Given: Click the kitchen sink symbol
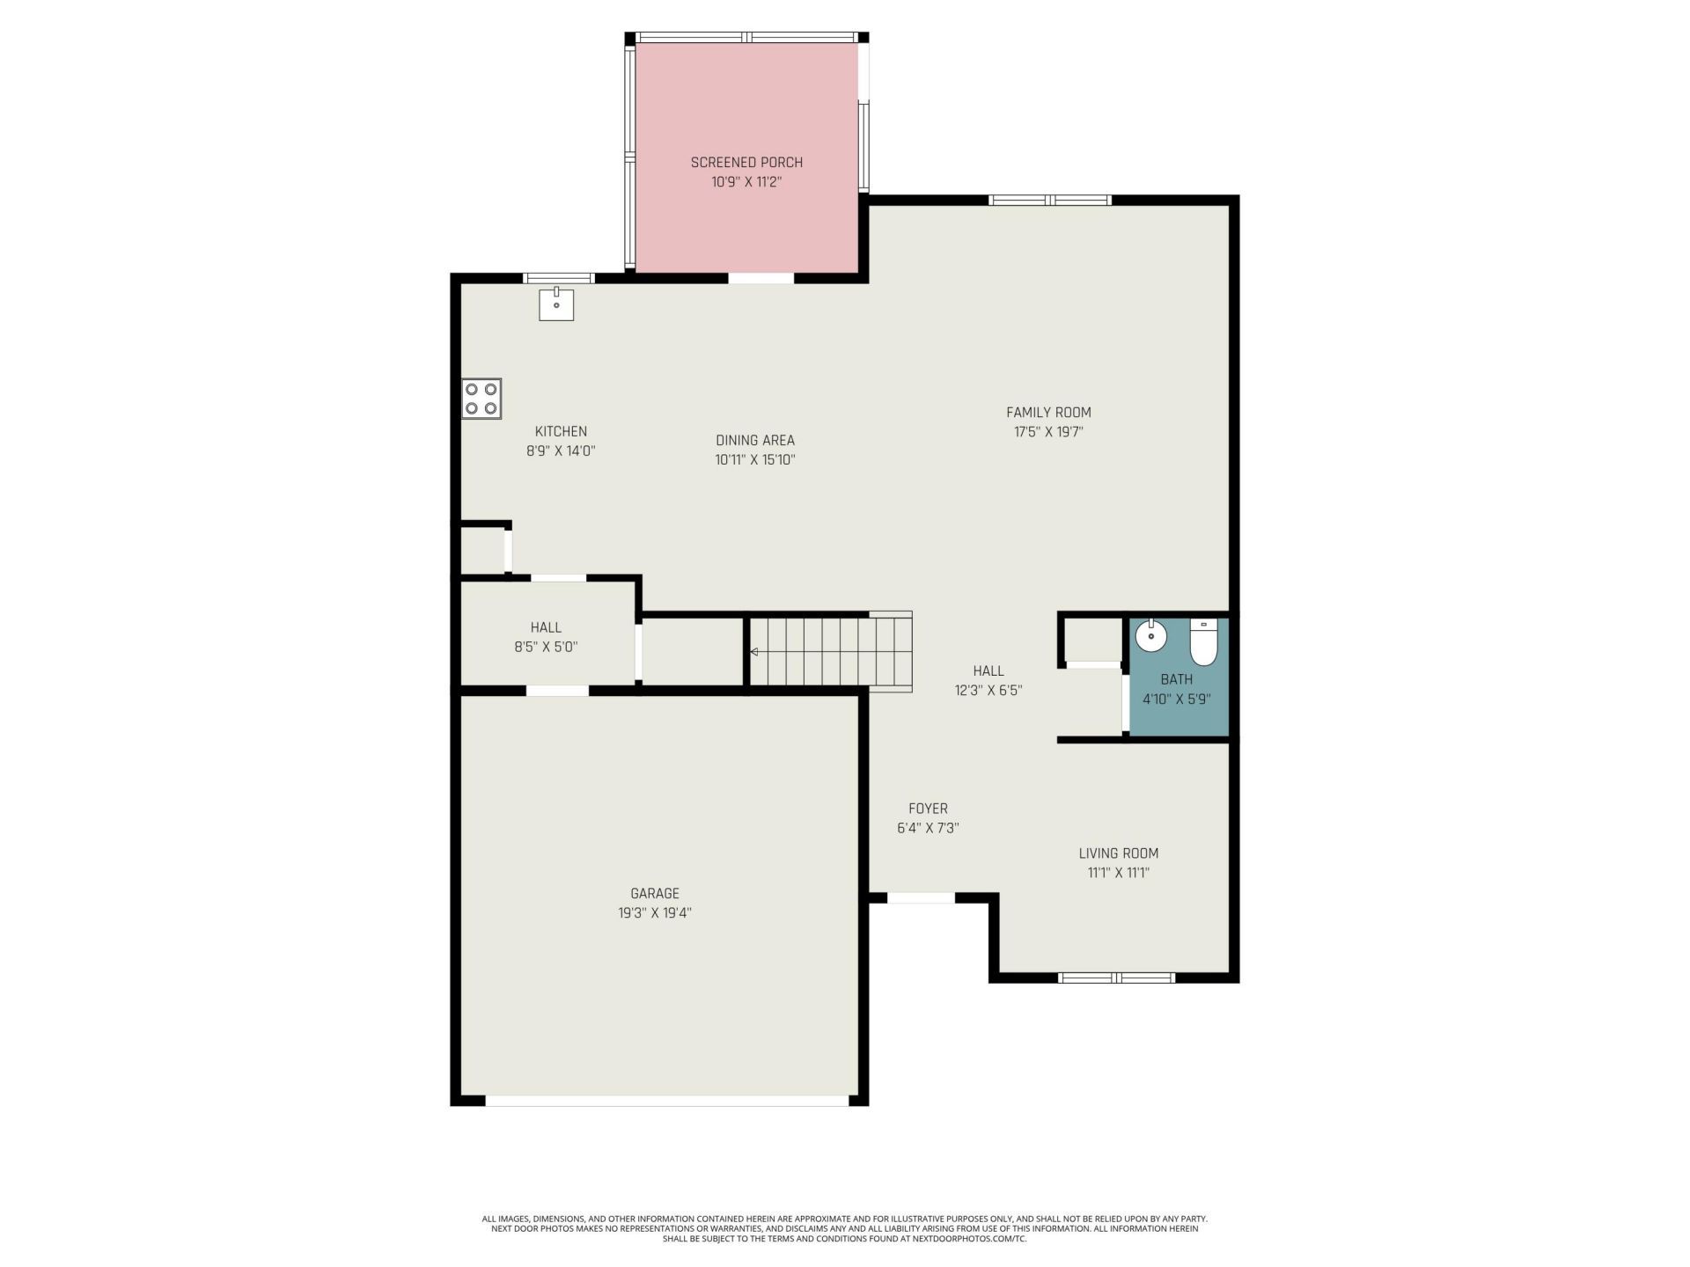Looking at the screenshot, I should [x=556, y=304].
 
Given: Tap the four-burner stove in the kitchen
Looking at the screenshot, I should [x=481, y=399].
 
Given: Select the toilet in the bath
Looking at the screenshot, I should [x=1203, y=642].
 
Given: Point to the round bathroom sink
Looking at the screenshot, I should [x=1150, y=635].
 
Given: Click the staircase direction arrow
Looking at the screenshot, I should [x=754, y=652].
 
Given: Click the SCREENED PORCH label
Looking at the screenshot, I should [x=746, y=163].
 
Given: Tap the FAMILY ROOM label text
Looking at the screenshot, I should [x=1048, y=412].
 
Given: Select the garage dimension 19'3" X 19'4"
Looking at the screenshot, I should [x=655, y=913].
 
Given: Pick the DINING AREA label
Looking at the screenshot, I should [x=755, y=440].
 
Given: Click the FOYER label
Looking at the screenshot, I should [x=928, y=809].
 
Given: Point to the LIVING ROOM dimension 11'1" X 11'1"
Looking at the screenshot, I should [x=1118, y=873].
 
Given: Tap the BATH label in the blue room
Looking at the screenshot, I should [x=1177, y=679].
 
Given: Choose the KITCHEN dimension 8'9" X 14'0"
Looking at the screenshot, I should [x=561, y=450].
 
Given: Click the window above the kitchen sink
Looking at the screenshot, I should [x=559, y=278].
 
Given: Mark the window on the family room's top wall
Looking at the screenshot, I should [x=1050, y=201].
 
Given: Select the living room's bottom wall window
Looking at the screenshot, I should [x=1116, y=978].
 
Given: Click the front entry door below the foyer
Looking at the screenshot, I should [x=921, y=898].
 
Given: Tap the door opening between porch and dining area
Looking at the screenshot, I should [x=761, y=278].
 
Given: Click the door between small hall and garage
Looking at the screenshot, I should [x=557, y=691].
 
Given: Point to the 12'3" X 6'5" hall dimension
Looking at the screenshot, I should [x=988, y=691].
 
